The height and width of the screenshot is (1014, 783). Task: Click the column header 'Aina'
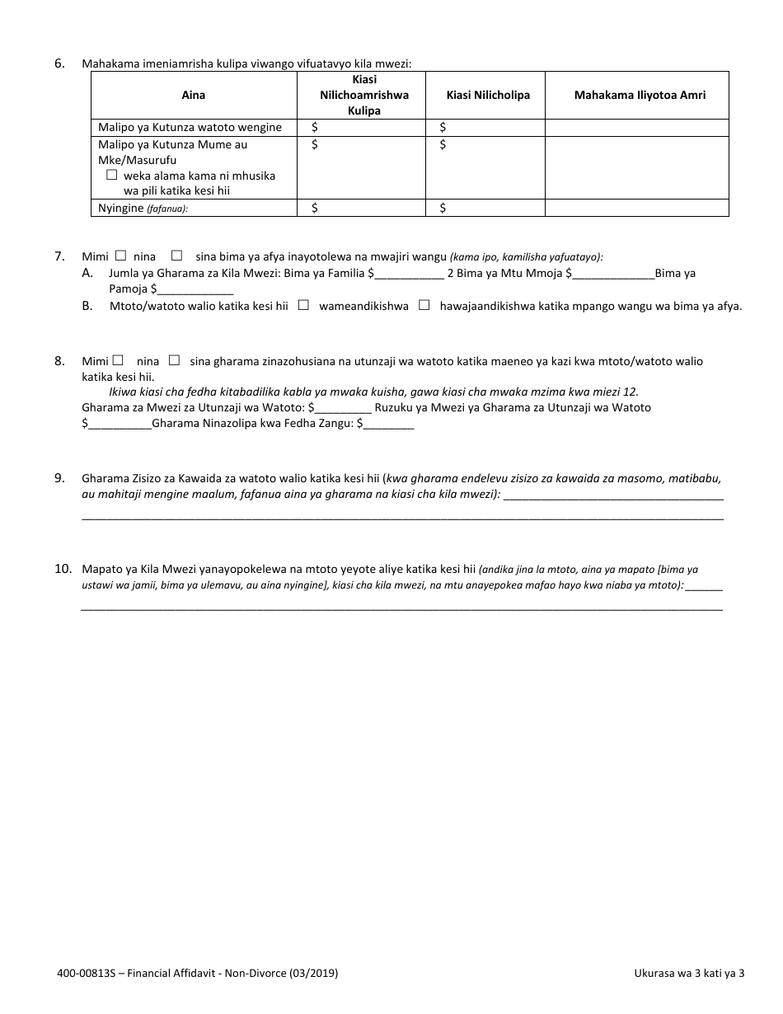[194, 95]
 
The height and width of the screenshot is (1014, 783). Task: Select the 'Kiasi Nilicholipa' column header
[488, 95]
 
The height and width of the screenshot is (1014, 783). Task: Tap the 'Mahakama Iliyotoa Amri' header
[640, 95]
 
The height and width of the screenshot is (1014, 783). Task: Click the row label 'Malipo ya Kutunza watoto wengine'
[190, 127]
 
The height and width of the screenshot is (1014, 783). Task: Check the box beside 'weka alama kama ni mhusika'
[112, 176]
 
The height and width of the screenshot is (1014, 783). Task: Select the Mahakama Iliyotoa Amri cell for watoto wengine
[636, 127]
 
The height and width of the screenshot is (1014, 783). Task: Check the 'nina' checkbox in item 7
[121, 256]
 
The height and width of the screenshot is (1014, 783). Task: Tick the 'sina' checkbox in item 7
[176, 256]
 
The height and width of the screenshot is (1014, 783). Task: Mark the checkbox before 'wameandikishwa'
[303, 305]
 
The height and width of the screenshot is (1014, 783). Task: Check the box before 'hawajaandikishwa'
[424, 305]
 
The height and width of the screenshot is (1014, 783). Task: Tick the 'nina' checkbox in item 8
[119, 360]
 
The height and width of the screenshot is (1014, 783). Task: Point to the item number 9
[59, 477]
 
